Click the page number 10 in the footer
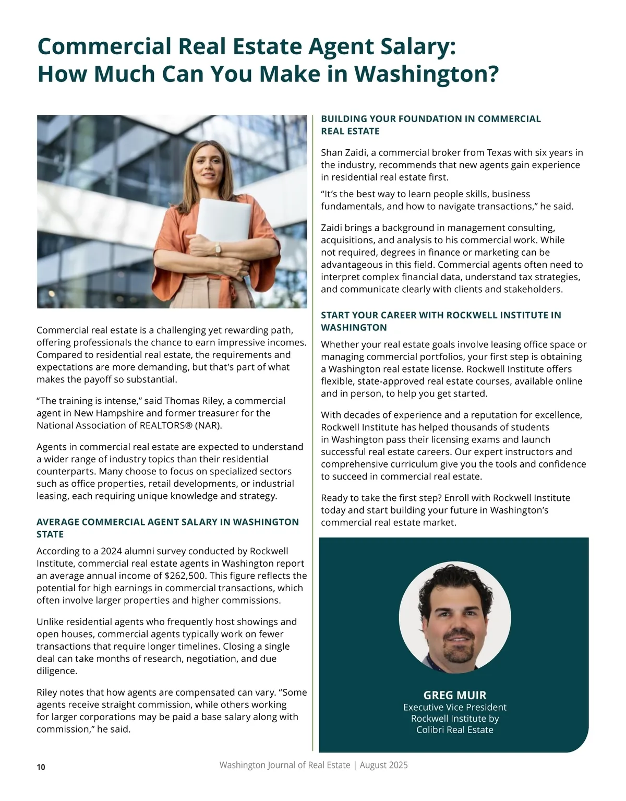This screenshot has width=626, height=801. point(41,767)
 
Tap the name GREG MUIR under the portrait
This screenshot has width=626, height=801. point(454,695)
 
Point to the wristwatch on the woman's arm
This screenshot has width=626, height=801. point(218,249)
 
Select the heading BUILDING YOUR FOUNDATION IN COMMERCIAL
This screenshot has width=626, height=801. point(430,119)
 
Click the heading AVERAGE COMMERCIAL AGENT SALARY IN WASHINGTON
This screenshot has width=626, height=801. point(167,522)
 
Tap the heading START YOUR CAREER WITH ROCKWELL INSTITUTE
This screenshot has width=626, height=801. point(441,315)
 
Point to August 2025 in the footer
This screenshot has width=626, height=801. point(383,765)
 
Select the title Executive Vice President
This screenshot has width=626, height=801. point(454,708)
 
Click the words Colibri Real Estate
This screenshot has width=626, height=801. point(454,730)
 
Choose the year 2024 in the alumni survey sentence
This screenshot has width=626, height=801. point(111,551)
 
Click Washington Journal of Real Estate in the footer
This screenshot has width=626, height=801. point(284,765)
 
